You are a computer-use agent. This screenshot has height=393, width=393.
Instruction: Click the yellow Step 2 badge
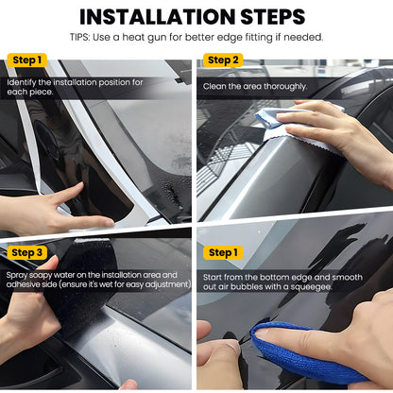click(x=224, y=60)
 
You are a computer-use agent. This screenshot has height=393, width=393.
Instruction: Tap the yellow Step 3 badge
click(x=26, y=252)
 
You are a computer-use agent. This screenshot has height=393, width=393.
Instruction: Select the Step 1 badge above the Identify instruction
click(x=26, y=60)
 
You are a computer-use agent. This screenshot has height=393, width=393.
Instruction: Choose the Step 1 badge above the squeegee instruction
click(x=224, y=252)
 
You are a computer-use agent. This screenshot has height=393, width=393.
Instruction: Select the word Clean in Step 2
click(x=214, y=86)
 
